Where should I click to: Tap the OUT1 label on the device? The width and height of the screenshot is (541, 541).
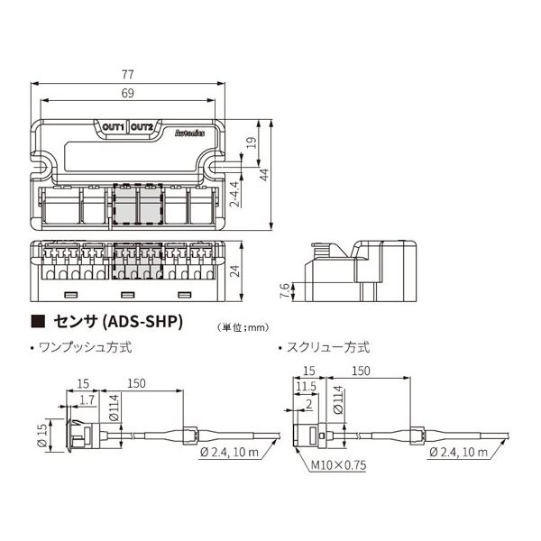114,127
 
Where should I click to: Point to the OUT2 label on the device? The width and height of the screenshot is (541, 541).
142,127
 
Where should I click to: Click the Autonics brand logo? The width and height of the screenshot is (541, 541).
185,132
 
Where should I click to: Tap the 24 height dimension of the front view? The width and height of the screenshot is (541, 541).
234,270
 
